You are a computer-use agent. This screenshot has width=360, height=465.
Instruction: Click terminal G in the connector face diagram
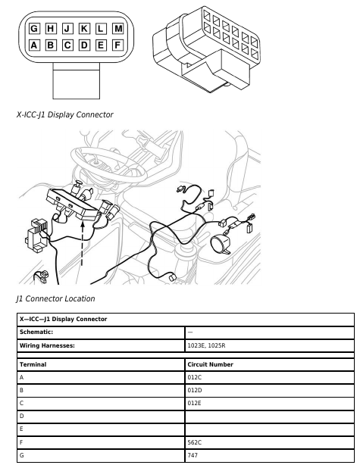click(x=34, y=29)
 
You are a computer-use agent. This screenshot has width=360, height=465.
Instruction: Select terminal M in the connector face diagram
click(x=117, y=29)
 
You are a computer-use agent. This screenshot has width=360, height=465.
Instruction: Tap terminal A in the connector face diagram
click(x=34, y=45)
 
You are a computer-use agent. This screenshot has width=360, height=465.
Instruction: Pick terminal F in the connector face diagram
click(x=117, y=45)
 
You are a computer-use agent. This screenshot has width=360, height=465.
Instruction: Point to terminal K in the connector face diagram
click(x=84, y=29)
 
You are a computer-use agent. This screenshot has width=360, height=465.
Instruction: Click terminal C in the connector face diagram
click(x=67, y=45)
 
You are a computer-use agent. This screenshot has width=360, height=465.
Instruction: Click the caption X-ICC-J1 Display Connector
click(x=64, y=114)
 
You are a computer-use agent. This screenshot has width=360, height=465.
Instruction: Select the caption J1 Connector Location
click(x=55, y=298)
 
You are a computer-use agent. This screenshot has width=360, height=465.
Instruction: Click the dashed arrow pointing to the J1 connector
click(x=83, y=242)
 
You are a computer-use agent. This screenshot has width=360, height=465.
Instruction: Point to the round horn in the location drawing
click(x=221, y=244)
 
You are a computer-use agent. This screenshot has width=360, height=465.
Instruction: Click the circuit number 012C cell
click(x=270, y=377)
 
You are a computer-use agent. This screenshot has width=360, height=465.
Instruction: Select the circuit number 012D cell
click(x=270, y=390)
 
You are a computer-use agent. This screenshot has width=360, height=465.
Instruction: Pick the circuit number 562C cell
click(x=270, y=442)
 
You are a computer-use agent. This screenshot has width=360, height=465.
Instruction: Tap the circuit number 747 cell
click(x=270, y=455)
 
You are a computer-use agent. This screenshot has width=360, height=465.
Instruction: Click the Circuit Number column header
click(x=210, y=364)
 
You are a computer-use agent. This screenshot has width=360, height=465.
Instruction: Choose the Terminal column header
click(x=33, y=364)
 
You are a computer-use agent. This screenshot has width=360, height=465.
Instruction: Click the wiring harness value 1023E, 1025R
click(x=206, y=345)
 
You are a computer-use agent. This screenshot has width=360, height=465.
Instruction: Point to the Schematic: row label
click(x=36, y=332)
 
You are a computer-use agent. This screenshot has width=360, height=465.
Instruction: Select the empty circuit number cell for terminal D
click(x=270, y=417)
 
